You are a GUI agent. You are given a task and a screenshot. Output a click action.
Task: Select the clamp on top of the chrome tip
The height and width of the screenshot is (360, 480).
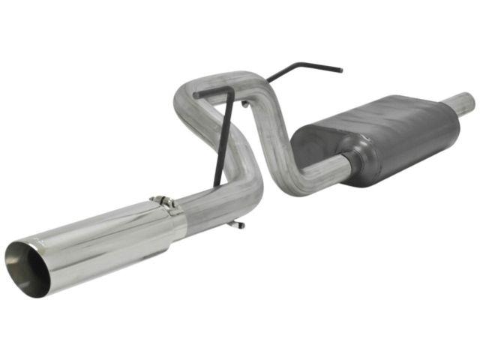pyautogui.click(x=163, y=202)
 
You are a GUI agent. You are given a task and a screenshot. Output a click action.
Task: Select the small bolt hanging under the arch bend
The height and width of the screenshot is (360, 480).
pyautogui.click(x=244, y=104)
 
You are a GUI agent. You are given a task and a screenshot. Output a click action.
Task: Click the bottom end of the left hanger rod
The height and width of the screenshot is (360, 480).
pyautogui.click(x=215, y=184)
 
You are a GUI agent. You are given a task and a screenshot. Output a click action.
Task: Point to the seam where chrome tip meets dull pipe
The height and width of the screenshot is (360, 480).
pyautogui.click(x=178, y=214)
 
